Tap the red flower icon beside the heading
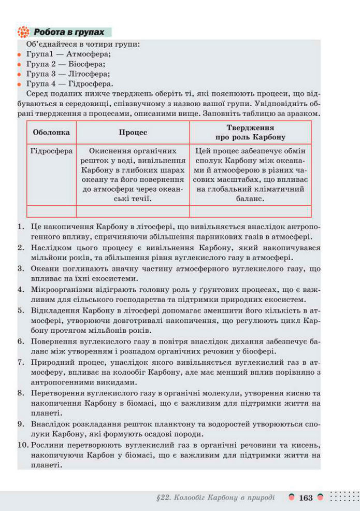[x=23, y=32]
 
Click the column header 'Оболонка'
[x=51, y=132]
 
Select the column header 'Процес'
[x=133, y=132]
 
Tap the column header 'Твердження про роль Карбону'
[x=250, y=132]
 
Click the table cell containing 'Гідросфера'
[x=51, y=151]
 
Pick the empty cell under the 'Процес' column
[x=133, y=211]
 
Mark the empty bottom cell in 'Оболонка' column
[x=51, y=211]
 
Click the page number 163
[x=306, y=498]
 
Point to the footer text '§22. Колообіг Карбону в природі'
[x=215, y=498]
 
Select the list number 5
[x=21, y=310]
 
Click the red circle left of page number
[x=292, y=497]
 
